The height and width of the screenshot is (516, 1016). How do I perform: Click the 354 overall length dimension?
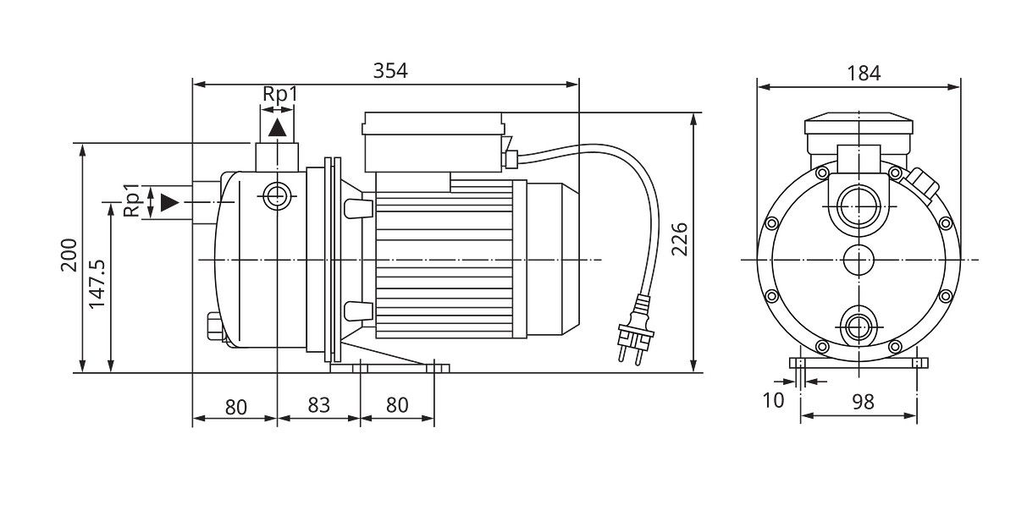[390, 71]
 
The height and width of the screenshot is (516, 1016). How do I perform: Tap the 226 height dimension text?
[678, 240]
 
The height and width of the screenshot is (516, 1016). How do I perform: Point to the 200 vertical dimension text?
[69, 255]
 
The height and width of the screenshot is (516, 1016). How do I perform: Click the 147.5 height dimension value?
[97, 283]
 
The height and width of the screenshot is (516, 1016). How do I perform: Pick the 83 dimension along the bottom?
[318, 405]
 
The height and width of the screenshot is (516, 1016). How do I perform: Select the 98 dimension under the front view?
[862, 402]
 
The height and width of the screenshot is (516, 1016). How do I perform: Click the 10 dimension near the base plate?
[774, 400]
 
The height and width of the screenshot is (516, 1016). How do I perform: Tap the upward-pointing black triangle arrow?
[277, 128]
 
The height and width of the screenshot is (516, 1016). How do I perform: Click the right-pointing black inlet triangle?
[170, 202]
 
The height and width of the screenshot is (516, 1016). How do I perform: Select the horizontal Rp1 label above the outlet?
[280, 94]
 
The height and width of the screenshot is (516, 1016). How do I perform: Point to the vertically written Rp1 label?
[132, 200]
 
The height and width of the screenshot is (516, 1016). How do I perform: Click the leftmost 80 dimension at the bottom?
[235, 406]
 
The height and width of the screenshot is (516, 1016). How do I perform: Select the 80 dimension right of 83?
[396, 405]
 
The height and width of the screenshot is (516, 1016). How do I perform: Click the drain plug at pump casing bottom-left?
[213, 326]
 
